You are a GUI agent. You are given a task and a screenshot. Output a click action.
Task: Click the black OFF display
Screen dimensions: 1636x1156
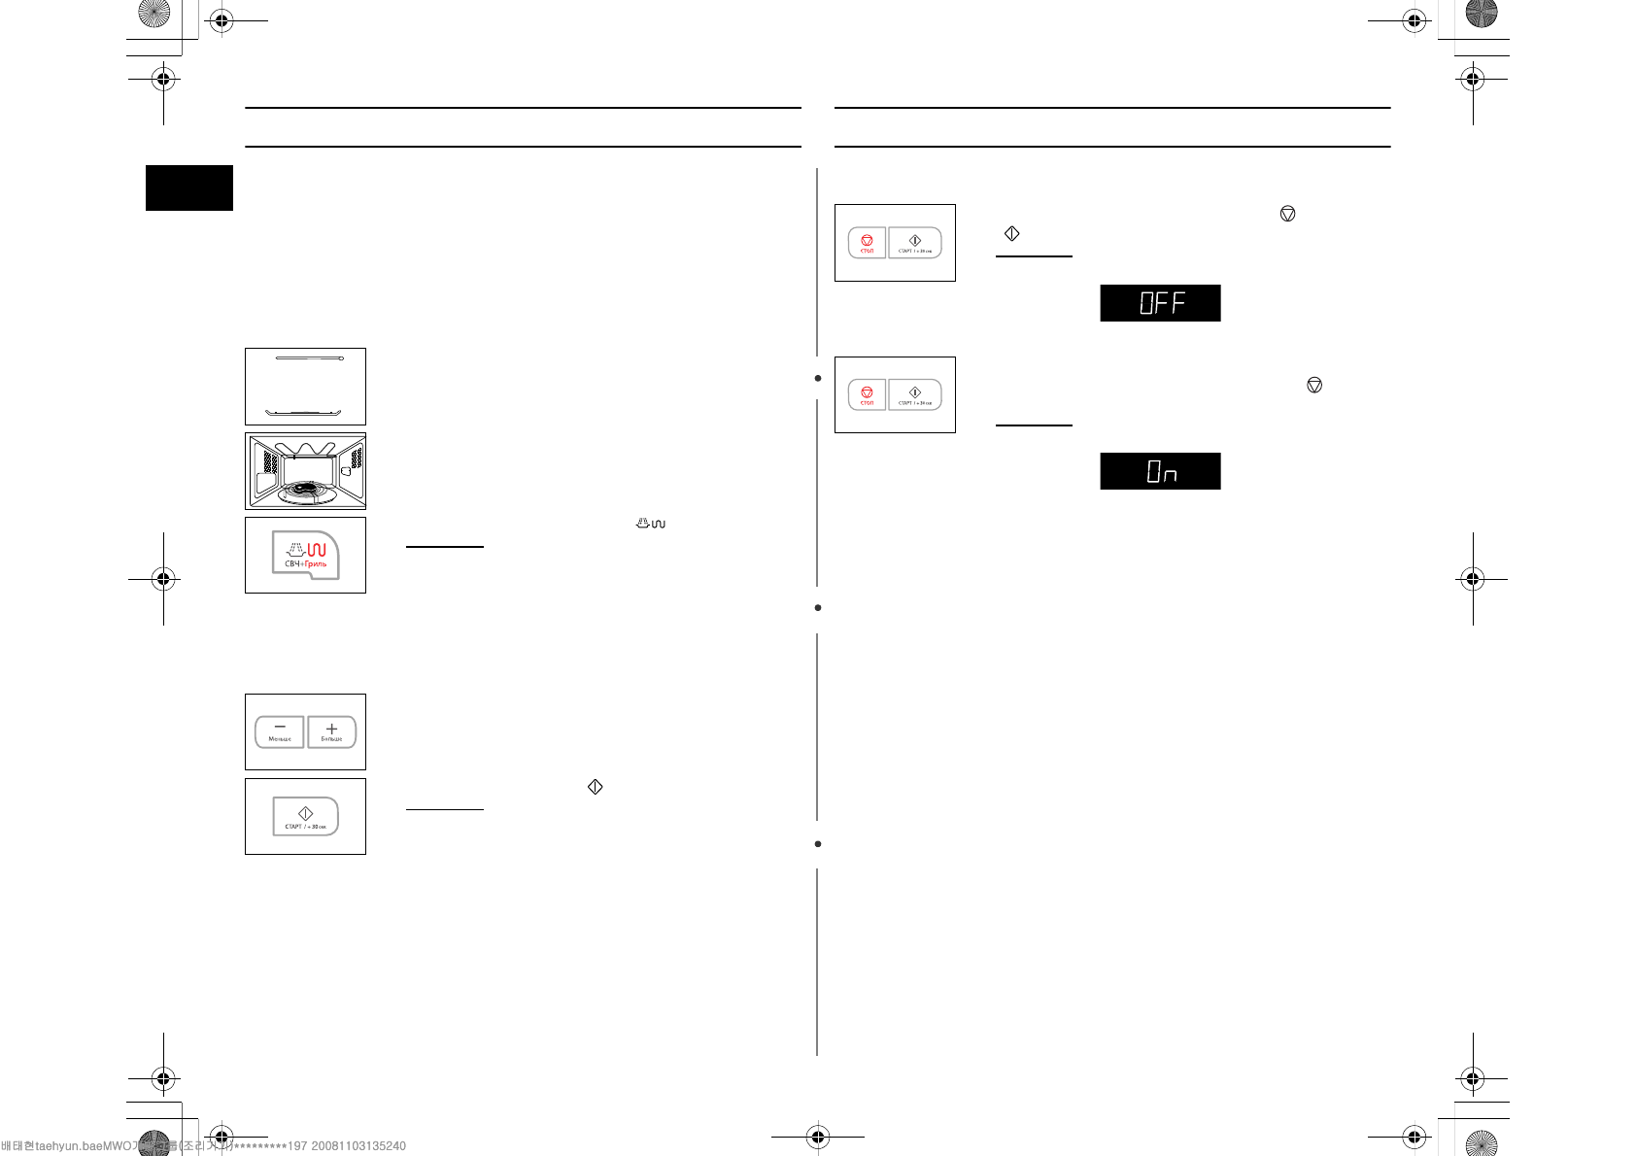[1160, 303]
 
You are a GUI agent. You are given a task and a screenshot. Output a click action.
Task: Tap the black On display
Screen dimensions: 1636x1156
[1160, 471]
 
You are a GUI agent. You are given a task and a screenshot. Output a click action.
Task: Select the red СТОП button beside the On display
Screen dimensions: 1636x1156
[867, 394]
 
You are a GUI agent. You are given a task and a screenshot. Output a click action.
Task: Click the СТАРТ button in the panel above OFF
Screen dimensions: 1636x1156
[915, 243]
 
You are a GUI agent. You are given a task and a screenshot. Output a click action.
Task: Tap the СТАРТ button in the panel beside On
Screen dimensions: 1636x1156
[915, 394]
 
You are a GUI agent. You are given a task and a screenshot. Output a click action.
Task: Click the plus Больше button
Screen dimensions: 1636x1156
[331, 731]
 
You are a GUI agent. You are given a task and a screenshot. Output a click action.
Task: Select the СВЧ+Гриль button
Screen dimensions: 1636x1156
[306, 555]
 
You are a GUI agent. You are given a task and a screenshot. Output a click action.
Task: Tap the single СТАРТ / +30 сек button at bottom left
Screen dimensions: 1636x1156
[305, 816]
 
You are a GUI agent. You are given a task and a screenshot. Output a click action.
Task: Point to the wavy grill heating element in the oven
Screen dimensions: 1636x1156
[305, 449]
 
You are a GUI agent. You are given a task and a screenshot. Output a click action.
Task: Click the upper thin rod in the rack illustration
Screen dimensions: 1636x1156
[309, 358]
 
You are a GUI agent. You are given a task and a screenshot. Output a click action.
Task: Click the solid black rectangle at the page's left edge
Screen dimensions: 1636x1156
[189, 187]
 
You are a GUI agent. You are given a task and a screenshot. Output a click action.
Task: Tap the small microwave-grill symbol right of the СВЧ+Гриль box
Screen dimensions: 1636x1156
[651, 524]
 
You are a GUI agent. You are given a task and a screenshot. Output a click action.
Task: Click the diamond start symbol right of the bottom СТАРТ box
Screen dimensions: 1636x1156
[596, 787]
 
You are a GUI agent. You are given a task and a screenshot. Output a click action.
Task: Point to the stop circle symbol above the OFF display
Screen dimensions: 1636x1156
[1287, 214]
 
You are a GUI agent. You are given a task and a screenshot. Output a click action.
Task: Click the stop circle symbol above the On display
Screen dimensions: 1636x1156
[1314, 386]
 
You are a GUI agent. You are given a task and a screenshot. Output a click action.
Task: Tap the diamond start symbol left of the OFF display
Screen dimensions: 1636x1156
[1011, 234]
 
